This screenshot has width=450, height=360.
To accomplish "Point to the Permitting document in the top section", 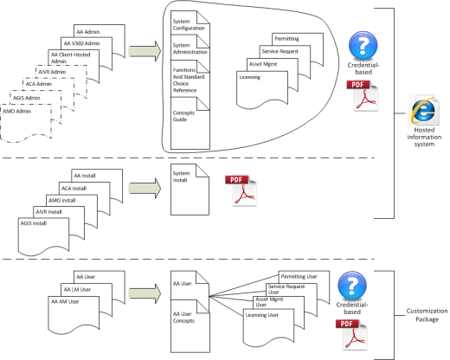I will (286, 39).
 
